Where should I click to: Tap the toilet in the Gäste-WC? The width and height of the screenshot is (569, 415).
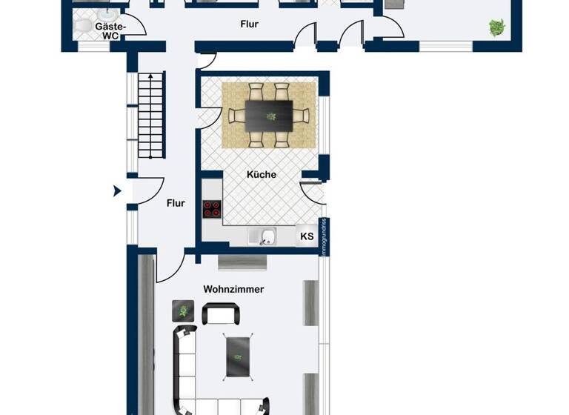[84, 27]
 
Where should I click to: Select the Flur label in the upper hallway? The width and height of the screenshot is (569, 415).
[250, 24]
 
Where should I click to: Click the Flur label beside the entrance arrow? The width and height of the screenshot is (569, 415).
[176, 202]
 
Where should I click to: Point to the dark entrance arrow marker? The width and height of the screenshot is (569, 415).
[117, 191]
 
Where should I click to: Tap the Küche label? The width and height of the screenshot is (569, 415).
[262, 175]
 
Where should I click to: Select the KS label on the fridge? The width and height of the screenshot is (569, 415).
[306, 236]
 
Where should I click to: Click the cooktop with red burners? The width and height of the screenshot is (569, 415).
[212, 210]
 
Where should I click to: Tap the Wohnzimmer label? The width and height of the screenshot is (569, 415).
[234, 289]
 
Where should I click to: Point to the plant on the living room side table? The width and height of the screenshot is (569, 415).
[183, 311]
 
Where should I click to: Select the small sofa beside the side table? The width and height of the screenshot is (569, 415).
[220, 314]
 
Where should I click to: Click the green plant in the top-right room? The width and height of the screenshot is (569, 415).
[495, 28]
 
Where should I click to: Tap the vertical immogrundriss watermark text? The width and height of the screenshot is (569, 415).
[323, 238]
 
